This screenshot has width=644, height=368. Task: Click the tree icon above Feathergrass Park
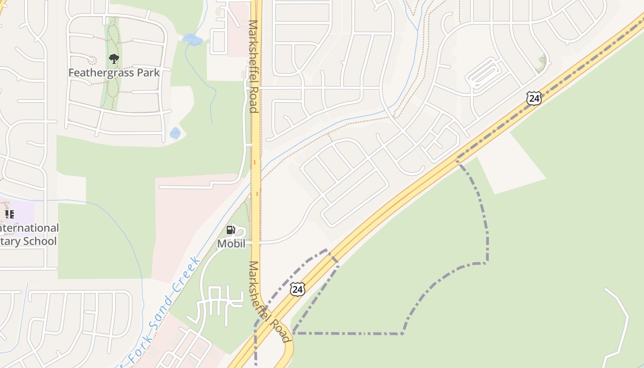tap(114, 58)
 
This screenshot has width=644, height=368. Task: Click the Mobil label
tap(231, 244)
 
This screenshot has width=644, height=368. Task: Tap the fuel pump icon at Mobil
tap(230, 230)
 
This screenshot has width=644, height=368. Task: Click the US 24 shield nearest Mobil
tap(297, 289)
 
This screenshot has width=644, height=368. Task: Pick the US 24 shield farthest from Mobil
tap(534, 98)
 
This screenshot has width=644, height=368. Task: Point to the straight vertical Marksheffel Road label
tap(253, 66)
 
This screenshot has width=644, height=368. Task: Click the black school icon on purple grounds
tap(10, 214)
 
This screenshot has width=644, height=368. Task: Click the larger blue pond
tap(192, 40)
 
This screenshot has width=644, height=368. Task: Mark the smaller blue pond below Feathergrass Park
tap(175, 133)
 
